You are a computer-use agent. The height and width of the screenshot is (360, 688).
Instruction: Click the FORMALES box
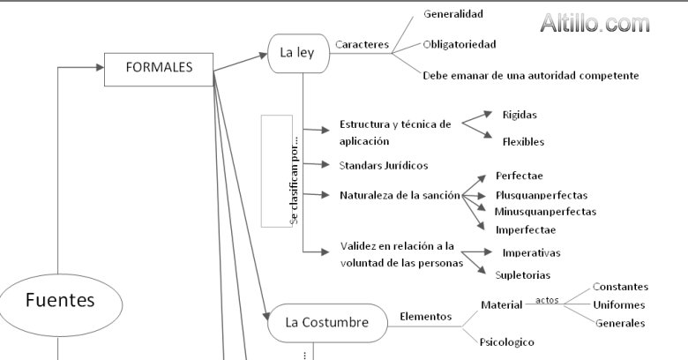click(159, 68)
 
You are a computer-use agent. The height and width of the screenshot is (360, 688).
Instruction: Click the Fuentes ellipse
click(59, 301)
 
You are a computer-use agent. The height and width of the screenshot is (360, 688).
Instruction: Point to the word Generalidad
click(453, 14)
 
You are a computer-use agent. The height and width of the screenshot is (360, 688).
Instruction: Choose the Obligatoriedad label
click(460, 44)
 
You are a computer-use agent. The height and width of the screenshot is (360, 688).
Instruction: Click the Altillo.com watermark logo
click(595, 24)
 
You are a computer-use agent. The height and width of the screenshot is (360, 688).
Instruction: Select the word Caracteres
click(363, 45)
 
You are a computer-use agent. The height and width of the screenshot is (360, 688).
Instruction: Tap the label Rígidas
click(520, 115)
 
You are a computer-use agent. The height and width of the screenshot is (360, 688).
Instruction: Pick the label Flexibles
click(523, 141)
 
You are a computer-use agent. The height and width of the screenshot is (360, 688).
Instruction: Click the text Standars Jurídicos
click(384, 165)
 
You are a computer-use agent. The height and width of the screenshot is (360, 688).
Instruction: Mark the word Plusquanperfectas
click(542, 195)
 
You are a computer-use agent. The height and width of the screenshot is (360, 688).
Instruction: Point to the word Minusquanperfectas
click(545, 212)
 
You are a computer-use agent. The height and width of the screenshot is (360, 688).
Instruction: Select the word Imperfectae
click(526, 229)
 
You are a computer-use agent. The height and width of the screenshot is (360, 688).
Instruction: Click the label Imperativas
click(531, 253)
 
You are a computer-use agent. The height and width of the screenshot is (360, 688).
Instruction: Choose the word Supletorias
click(523, 275)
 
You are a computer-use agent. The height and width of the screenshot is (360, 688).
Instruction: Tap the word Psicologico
click(507, 341)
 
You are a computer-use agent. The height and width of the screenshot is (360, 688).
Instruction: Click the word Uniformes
click(619, 305)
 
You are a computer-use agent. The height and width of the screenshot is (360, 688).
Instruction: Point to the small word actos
click(547, 300)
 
